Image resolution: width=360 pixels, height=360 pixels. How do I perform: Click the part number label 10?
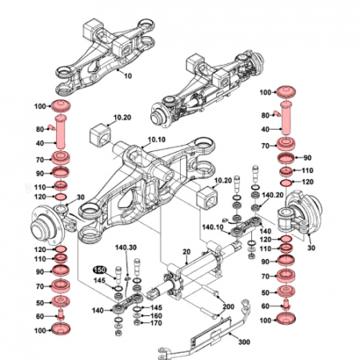(x=126, y=75)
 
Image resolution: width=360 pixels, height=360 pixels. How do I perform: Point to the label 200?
(x=227, y=306)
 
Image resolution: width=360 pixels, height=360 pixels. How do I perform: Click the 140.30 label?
(x=126, y=247)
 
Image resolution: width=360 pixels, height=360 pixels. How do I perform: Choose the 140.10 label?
(x=214, y=226)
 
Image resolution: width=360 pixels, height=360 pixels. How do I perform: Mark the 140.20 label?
(x=273, y=194)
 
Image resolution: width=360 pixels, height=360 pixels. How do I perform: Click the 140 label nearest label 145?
(x=99, y=309)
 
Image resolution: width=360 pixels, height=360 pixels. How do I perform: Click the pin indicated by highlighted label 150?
(x=118, y=272)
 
